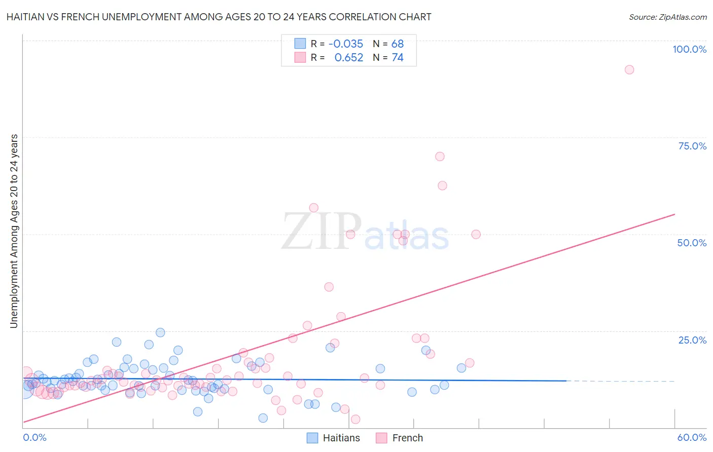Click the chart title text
[x=219, y=17]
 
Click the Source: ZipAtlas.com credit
[x=667, y=17]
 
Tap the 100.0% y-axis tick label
[x=689, y=49]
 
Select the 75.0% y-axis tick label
[x=692, y=146]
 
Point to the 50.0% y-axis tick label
[x=692, y=243]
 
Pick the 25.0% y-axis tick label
[x=692, y=340]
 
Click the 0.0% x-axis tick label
[x=34, y=437]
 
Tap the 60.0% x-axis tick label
[x=692, y=437]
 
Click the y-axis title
[x=14, y=231]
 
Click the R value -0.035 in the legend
[x=346, y=44]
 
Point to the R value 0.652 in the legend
[x=349, y=58]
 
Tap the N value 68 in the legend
[x=398, y=44]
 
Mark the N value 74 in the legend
[x=398, y=58]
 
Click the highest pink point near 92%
[x=629, y=70]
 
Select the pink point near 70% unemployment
[x=440, y=157]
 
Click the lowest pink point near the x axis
[x=355, y=419]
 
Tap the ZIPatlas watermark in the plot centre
[x=365, y=232]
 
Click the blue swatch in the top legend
[x=300, y=44]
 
